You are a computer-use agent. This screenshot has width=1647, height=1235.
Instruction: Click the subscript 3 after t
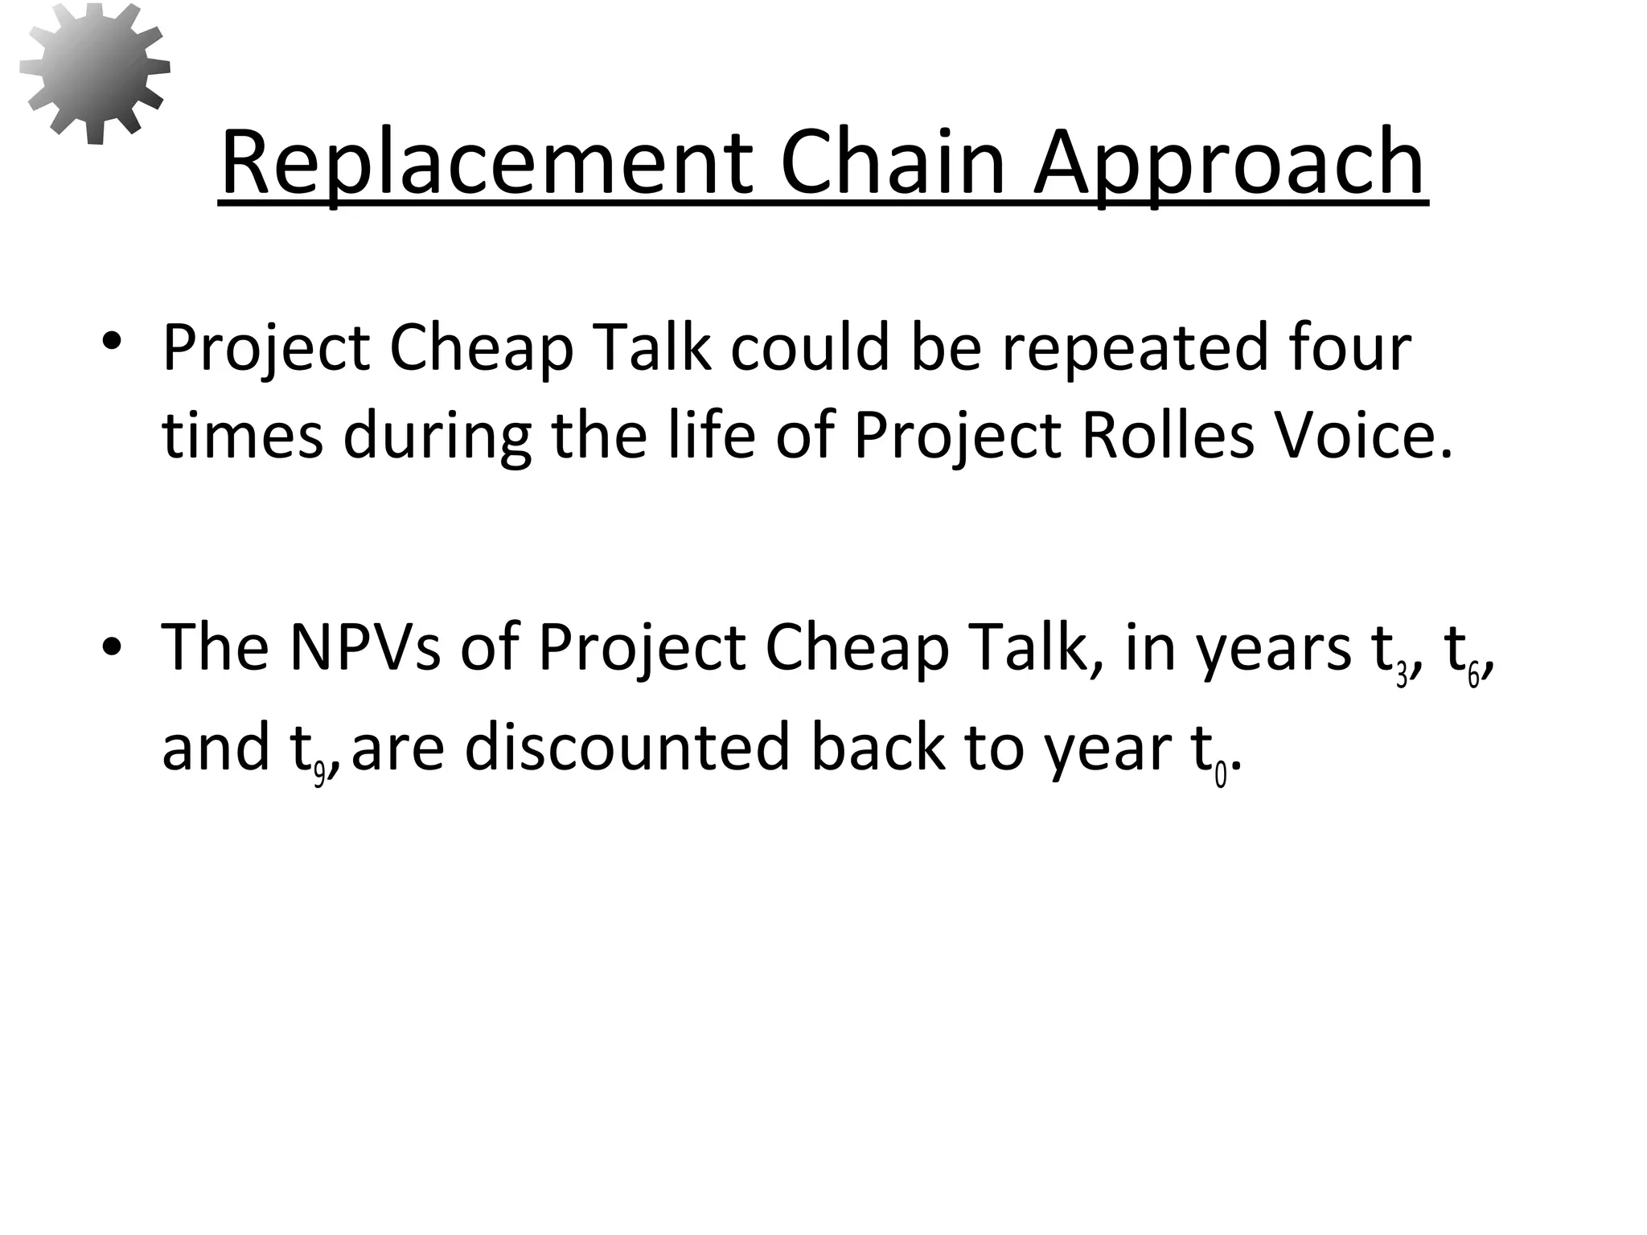click(1402, 676)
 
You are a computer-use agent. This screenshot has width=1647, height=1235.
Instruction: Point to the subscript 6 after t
click(1473, 676)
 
